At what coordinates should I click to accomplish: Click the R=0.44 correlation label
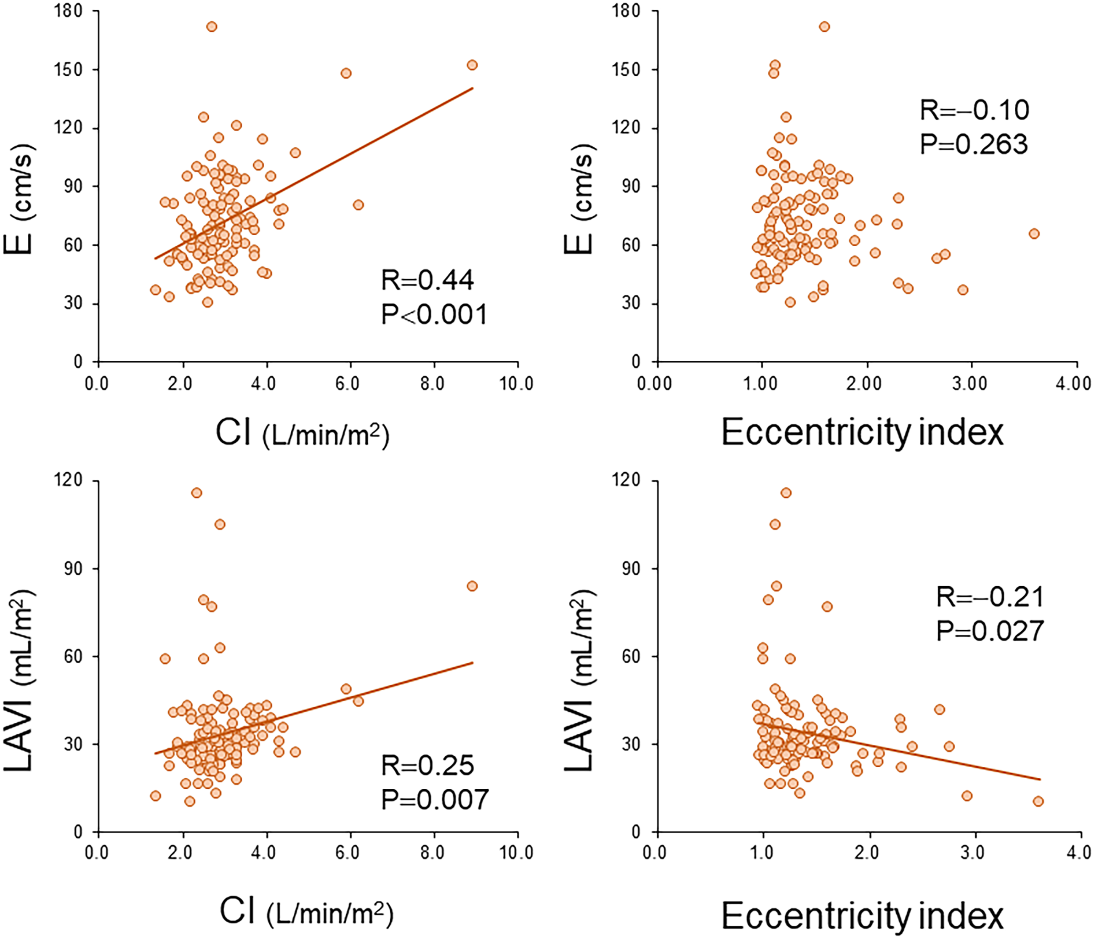coord(428,280)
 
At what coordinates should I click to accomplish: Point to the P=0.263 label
coord(974,144)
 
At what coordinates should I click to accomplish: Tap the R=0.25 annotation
coord(428,765)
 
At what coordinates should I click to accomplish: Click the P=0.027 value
coord(990,630)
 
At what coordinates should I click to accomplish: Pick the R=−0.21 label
coord(990,597)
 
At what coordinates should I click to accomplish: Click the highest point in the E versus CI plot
coord(212,27)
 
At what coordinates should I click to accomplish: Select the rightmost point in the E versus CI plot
coord(472,65)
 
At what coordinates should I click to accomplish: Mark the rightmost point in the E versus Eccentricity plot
coord(1034,234)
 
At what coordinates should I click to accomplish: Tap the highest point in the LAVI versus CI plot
coord(196,493)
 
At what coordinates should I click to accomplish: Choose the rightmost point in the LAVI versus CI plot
coord(472,586)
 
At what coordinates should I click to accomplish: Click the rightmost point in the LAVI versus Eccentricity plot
coord(1038,801)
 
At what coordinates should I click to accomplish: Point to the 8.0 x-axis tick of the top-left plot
coord(433,383)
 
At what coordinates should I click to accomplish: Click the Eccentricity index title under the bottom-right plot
coord(862,916)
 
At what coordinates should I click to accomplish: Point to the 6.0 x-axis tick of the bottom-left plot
coord(348,852)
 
